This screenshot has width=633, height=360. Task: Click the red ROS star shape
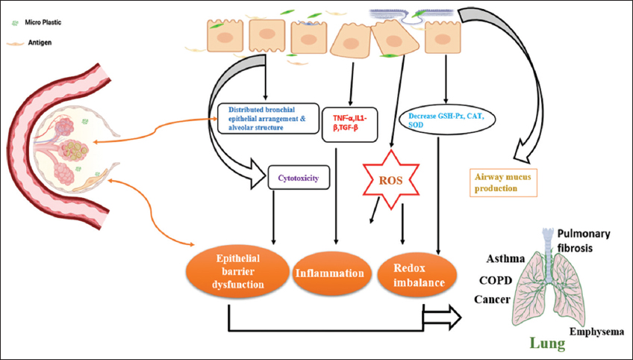[390, 179]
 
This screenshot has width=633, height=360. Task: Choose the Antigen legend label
[43, 43]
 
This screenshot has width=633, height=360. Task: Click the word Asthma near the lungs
[505, 258]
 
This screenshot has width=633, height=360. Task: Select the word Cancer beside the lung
[492, 299]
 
